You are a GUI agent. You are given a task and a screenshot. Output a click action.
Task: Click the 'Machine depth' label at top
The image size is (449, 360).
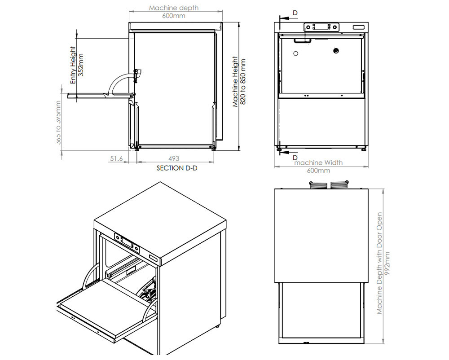pyautogui.click(x=174, y=8)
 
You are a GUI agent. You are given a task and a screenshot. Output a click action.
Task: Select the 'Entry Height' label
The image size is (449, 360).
pyautogui.click(x=73, y=66)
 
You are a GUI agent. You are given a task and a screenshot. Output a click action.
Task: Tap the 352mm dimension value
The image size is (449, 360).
pyautogui.click(x=81, y=66)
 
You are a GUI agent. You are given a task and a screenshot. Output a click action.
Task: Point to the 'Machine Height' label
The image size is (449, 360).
pyautogui.click(x=235, y=82)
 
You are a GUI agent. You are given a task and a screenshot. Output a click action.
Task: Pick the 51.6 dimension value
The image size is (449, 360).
pyautogui.click(x=116, y=158)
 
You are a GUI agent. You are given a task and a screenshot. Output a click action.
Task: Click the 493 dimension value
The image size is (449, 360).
pyautogui.click(x=174, y=158)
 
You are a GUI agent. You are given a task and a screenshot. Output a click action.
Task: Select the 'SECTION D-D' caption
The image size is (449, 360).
pyautogui.click(x=177, y=168)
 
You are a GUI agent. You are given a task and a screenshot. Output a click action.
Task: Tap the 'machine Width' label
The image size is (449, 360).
pyautogui.click(x=318, y=162)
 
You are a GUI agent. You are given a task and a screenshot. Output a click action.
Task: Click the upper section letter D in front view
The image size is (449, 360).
pyautogui.click(x=295, y=13)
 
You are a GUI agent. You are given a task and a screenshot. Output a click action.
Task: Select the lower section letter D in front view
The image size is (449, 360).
pyautogui.click(x=295, y=158)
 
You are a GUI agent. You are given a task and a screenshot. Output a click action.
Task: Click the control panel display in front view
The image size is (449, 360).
pyautogui.click(x=321, y=27)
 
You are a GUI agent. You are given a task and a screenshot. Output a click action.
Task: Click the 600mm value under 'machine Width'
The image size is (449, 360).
pyautogui.click(x=318, y=171)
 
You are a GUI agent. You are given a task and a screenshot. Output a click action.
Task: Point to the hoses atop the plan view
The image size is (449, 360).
pyautogui.click(x=330, y=184)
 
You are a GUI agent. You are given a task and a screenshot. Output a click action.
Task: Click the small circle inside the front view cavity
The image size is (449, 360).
pyautogui.click(x=295, y=53)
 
